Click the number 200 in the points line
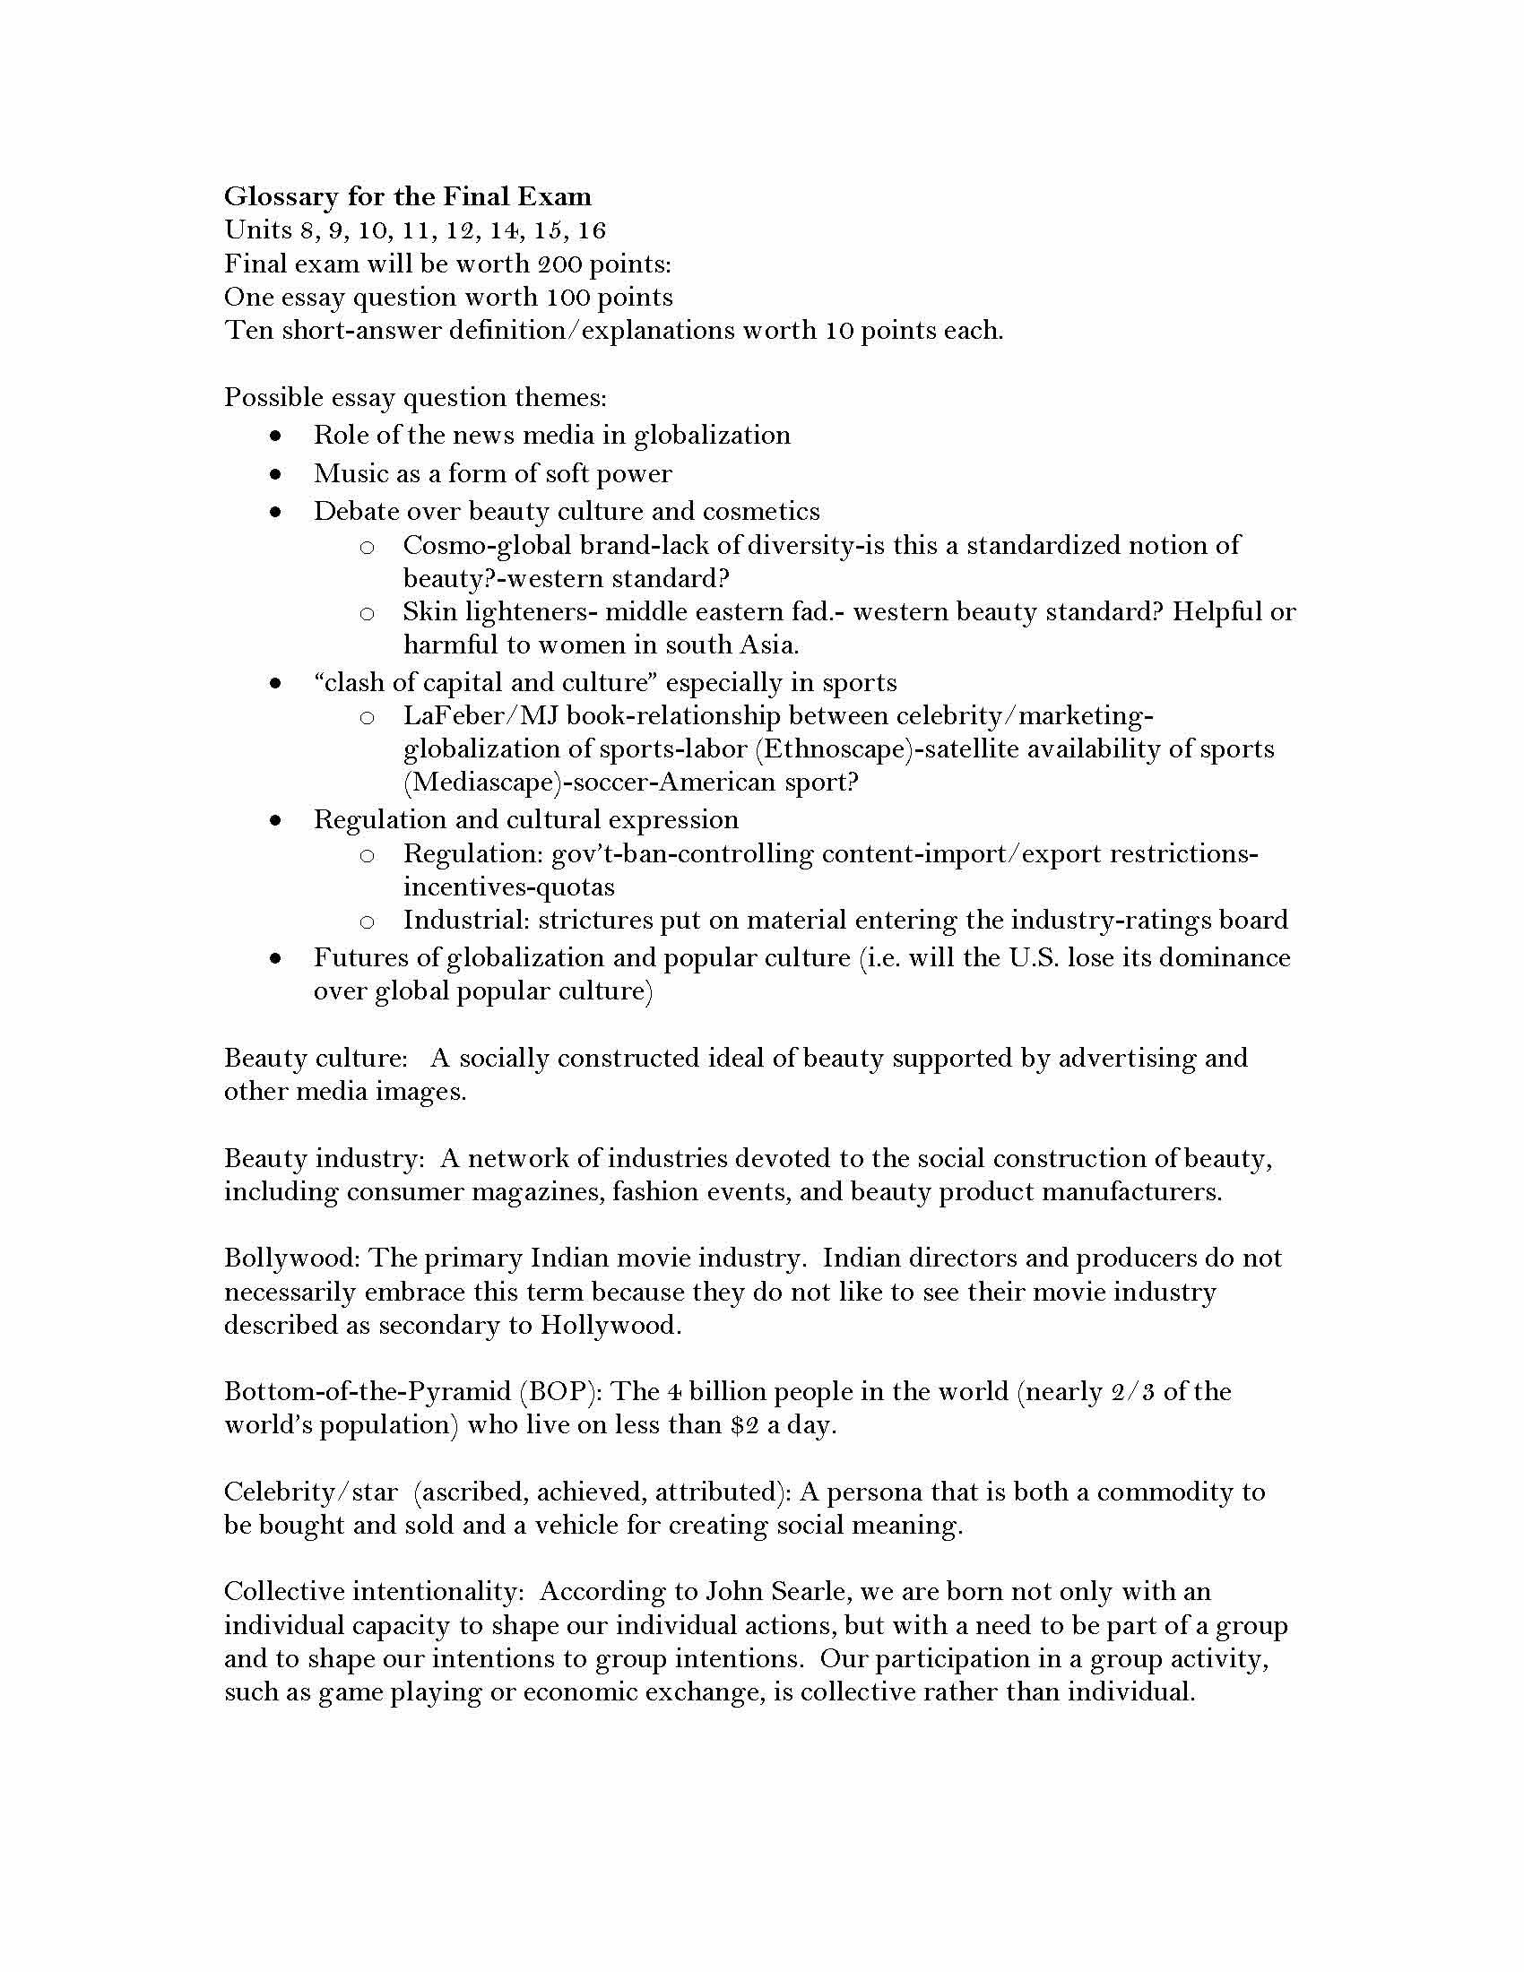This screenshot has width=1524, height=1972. (x=561, y=264)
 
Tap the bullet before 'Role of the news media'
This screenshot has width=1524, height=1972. (x=275, y=436)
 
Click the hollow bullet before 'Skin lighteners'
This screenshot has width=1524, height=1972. (x=367, y=614)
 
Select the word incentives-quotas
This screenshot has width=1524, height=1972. (x=508, y=887)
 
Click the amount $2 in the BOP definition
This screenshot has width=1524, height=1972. (x=745, y=1425)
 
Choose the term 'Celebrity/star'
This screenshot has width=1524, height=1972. (x=309, y=1492)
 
